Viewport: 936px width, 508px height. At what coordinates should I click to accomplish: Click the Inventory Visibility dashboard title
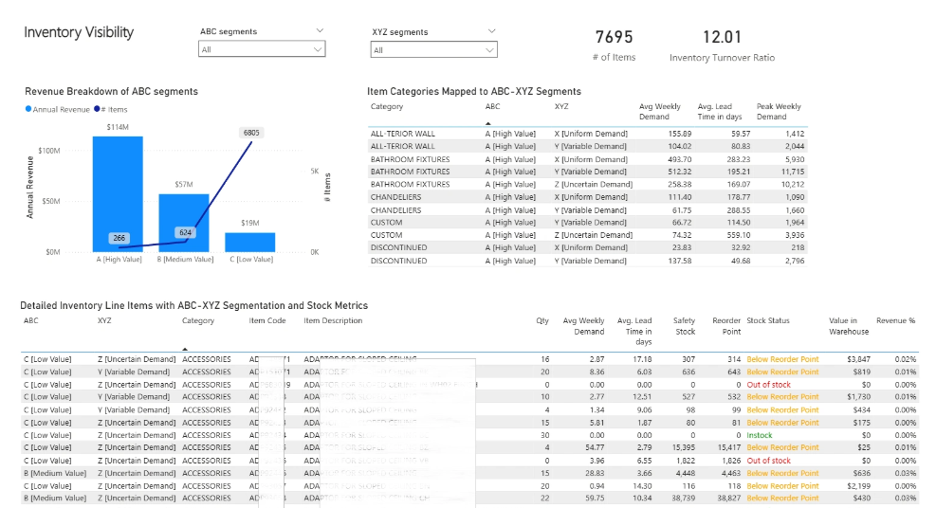click(79, 32)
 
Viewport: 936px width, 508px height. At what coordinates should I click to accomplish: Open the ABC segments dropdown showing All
click(262, 49)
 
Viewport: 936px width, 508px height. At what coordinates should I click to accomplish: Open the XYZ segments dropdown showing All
click(434, 50)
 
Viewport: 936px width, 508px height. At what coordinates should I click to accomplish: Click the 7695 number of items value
click(614, 38)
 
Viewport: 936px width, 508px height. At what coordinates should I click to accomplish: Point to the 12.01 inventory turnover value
click(722, 38)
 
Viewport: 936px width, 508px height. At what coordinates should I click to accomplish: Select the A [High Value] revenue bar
click(118, 194)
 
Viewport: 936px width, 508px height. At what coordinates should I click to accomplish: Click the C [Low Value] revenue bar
click(250, 242)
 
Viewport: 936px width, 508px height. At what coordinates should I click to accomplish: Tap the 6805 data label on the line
click(251, 133)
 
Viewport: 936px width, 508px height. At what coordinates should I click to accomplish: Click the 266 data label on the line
click(119, 238)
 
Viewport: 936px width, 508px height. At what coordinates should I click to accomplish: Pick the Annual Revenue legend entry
click(60, 110)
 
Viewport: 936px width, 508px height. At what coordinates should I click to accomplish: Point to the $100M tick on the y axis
click(47, 151)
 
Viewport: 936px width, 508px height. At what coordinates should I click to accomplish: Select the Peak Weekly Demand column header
click(779, 112)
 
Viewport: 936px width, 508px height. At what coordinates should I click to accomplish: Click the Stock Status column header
click(768, 321)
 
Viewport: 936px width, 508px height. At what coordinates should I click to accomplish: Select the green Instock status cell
click(760, 435)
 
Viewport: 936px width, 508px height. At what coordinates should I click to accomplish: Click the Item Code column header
click(267, 321)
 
